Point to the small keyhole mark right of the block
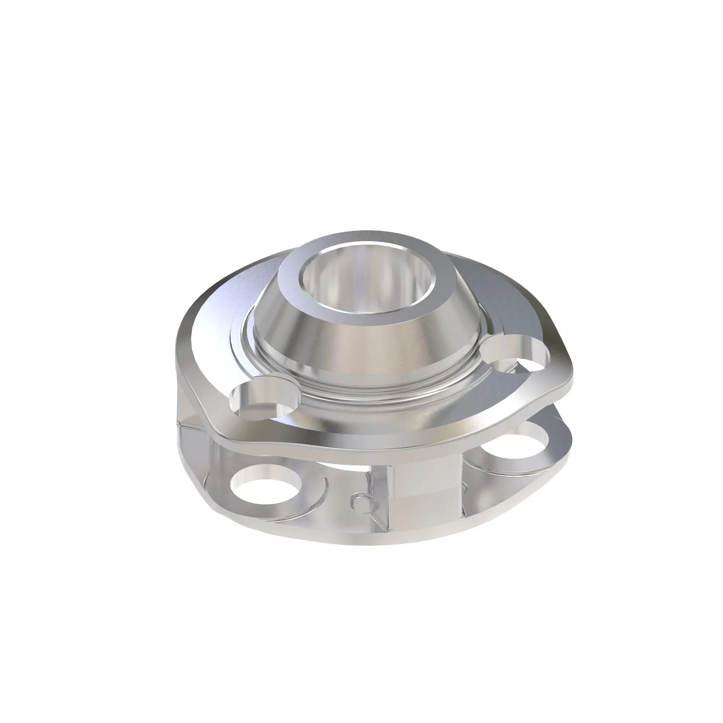465,487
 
